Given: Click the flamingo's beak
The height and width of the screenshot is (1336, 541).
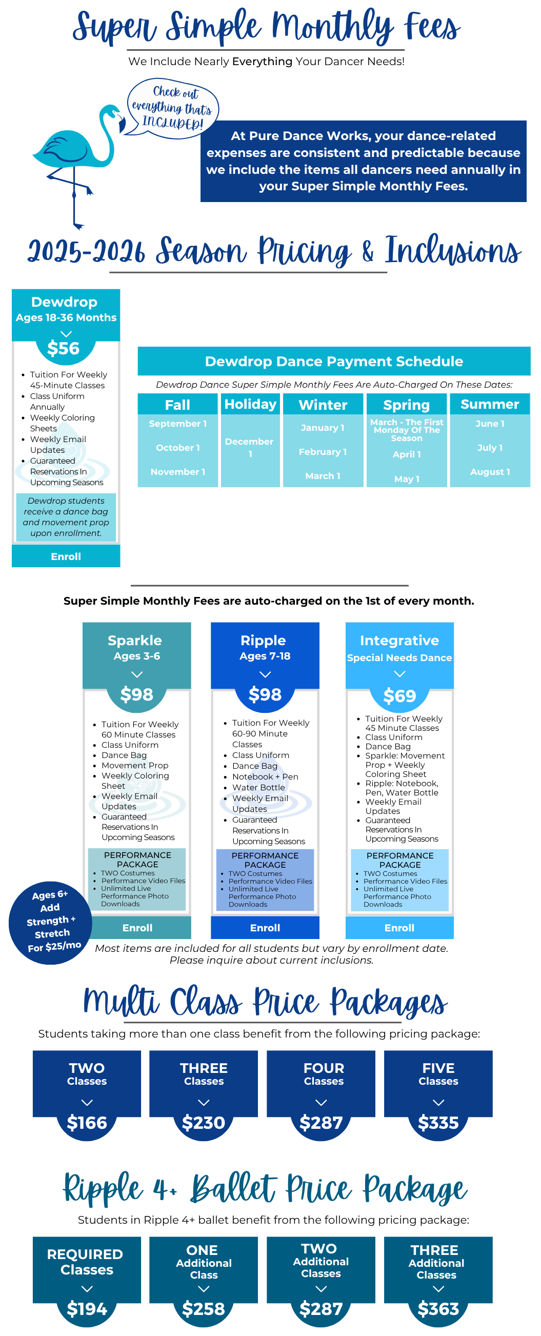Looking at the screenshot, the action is pyautogui.click(x=122, y=125).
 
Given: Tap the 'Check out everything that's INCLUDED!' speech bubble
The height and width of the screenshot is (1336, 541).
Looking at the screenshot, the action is pyautogui.click(x=173, y=108).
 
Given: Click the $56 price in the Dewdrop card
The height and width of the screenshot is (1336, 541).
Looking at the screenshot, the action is pyautogui.click(x=63, y=348).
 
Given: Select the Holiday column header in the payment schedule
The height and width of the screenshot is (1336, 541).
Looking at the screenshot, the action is pyautogui.click(x=250, y=404).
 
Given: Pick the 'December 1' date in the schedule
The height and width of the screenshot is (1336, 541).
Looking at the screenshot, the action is pyautogui.click(x=250, y=447).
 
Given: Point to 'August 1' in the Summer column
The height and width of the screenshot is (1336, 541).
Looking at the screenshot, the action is pyautogui.click(x=490, y=471).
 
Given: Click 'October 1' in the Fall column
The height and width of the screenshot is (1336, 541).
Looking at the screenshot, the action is pyautogui.click(x=177, y=447).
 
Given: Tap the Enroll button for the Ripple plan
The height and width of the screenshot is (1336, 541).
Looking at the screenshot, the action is pyautogui.click(x=265, y=928).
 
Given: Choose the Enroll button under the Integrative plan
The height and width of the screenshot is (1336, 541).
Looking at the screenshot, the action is pyautogui.click(x=399, y=928).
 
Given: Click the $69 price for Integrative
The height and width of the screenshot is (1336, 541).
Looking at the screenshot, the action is pyautogui.click(x=399, y=695).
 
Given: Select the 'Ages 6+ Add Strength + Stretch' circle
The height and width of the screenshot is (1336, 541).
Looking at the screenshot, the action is pyautogui.click(x=50, y=923).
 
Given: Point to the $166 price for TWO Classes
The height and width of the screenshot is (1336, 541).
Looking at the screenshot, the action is pyautogui.click(x=87, y=1122).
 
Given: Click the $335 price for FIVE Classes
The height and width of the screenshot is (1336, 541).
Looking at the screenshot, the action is pyautogui.click(x=438, y=1122).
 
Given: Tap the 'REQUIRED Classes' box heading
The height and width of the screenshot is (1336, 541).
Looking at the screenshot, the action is pyautogui.click(x=86, y=1261).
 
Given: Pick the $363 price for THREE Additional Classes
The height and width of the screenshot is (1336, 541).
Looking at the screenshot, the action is pyautogui.click(x=438, y=1308).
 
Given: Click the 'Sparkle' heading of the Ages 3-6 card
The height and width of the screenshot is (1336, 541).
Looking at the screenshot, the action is pyautogui.click(x=134, y=640).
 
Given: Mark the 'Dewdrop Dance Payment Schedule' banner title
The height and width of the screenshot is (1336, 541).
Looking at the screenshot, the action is pyautogui.click(x=333, y=361).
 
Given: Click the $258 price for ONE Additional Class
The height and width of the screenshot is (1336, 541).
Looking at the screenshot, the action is pyautogui.click(x=204, y=1308).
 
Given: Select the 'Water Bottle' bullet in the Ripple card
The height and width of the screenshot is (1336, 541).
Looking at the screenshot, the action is pyautogui.click(x=258, y=787).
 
